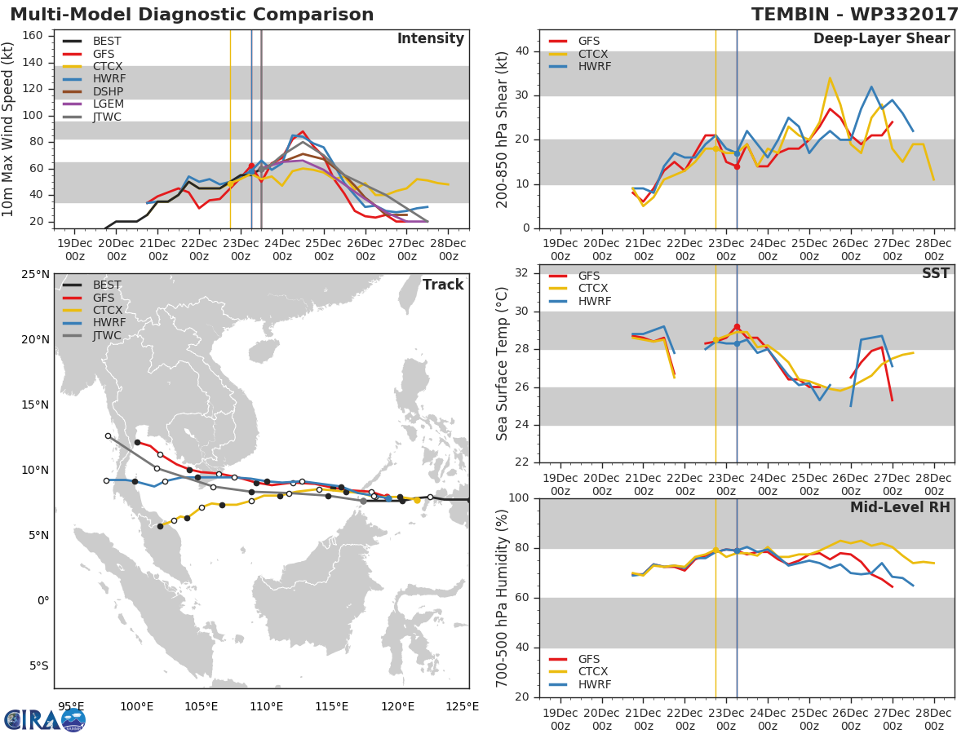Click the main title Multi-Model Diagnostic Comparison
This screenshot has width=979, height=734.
click(x=192, y=15)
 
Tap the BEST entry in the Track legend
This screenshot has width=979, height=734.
click(x=108, y=285)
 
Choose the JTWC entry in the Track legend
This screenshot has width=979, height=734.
click(x=108, y=336)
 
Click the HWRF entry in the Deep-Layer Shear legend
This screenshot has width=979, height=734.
click(x=594, y=67)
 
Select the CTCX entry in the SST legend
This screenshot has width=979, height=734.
click(x=594, y=289)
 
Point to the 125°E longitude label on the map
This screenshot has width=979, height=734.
click(x=463, y=706)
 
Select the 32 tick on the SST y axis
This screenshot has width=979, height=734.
click(x=521, y=273)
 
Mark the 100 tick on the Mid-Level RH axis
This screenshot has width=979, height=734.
click(x=518, y=498)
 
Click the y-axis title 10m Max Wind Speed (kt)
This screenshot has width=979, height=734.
click(x=10, y=131)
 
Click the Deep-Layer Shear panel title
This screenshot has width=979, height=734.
click(x=881, y=39)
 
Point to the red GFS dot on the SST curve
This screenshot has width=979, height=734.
click(x=737, y=327)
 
